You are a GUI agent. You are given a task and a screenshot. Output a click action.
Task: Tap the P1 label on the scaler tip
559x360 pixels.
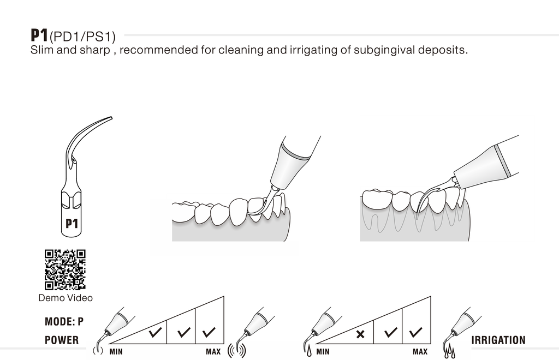72,223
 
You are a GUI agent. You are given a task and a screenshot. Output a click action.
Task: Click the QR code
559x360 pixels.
65,269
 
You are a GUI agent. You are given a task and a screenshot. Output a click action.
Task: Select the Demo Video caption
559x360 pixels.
66,298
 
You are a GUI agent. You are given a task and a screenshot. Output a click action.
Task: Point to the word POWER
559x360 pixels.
62,340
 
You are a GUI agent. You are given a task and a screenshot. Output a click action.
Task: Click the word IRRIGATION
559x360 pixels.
498,340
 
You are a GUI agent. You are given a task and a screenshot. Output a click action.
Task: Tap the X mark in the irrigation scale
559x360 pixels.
360,333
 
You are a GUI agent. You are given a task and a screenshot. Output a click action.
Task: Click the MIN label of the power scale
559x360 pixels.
116,351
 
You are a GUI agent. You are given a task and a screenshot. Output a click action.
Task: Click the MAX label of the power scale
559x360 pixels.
213,351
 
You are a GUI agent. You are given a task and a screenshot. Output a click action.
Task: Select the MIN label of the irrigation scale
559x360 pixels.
323,351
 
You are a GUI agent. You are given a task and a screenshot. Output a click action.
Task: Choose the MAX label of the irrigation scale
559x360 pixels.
420,351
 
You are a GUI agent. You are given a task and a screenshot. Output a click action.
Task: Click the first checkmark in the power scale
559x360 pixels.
154,331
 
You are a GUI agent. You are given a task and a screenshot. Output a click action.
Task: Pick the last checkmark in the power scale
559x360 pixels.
209,331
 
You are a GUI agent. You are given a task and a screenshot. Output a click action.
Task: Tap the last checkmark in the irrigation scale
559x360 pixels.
416,331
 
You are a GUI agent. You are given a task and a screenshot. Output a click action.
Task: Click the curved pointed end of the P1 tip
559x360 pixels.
109,118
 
